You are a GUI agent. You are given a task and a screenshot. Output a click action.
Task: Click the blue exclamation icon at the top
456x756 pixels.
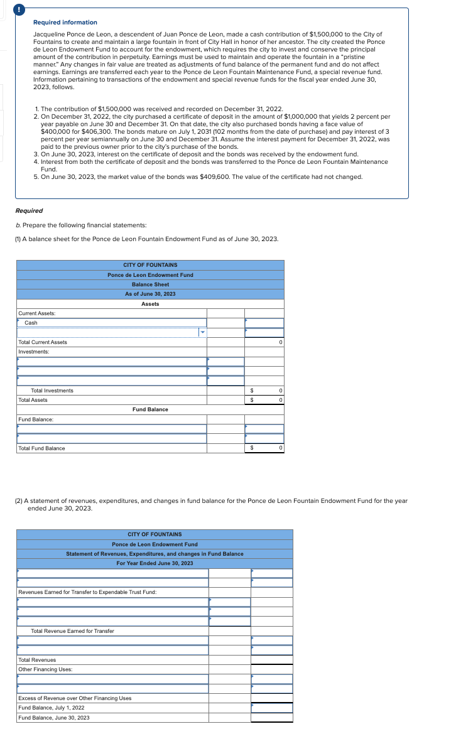(4, 9)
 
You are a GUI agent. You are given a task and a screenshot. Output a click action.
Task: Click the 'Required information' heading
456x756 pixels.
(65, 23)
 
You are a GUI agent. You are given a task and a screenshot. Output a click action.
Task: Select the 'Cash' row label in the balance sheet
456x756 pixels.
(31, 323)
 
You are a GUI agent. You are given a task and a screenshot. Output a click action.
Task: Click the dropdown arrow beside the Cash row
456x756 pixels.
(202, 332)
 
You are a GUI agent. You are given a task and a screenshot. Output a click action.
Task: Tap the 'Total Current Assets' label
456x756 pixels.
(43, 342)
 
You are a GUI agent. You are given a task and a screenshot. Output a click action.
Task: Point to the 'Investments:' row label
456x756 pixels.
(33, 352)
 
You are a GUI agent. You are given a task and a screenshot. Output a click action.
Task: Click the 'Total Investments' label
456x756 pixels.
(52, 391)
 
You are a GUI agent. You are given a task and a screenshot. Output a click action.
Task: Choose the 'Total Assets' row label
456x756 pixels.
(33, 400)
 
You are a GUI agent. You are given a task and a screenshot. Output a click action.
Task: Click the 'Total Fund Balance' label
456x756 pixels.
(41, 448)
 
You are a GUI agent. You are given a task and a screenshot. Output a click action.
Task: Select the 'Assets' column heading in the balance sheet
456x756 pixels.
(150, 304)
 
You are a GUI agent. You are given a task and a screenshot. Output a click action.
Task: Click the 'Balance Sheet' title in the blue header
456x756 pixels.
(150, 284)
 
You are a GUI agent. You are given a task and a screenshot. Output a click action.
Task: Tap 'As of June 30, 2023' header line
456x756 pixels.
(150, 294)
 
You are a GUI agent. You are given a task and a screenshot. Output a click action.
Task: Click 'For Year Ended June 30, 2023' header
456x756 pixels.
(155, 563)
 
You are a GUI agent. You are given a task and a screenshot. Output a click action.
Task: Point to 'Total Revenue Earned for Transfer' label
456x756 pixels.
(72, 631)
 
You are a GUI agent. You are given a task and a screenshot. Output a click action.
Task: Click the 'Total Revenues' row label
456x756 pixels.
(37, 660)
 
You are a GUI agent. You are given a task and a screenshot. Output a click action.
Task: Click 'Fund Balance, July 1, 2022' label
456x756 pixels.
(52, 708)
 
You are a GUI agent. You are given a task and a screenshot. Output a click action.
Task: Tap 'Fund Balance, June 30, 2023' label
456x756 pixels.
(53, 718)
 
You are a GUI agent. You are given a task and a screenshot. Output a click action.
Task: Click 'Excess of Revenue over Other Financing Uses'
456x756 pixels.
(75, 698)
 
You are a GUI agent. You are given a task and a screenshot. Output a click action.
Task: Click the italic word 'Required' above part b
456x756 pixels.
(29, 211)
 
